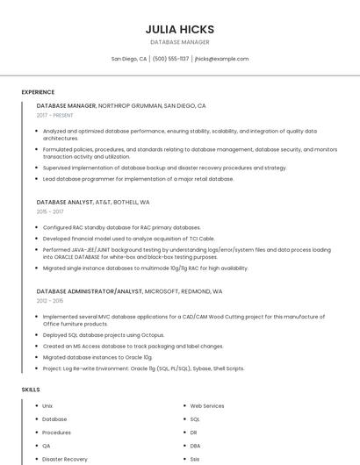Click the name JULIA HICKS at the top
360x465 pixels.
tap(180, 29)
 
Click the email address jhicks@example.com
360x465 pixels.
tap(221, 59)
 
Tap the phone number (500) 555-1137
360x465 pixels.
tap(170, 59)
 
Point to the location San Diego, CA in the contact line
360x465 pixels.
tap(129, 59)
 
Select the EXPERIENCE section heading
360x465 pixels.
tap(38, 92)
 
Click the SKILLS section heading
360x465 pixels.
tap(31, 389)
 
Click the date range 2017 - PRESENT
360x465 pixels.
tap(54, 115)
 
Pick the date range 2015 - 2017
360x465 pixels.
tap(50, 211)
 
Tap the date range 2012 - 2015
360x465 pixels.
tap(50, 300)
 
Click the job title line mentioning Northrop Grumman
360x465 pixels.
tap(121, 105)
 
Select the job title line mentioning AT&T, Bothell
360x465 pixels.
tap(93, 202)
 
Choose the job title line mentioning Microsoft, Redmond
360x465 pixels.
tap(129, 290)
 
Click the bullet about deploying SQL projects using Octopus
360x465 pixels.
tap(104, 334)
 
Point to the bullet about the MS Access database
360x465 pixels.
tap(133, 346)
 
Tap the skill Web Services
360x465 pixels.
tap(207, 406)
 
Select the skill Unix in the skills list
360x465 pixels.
tap(47, 406)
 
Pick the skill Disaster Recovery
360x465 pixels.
tap(65, 459)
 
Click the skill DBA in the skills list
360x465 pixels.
tap(195, 446)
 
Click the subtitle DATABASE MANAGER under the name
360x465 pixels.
tap(180, 42)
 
